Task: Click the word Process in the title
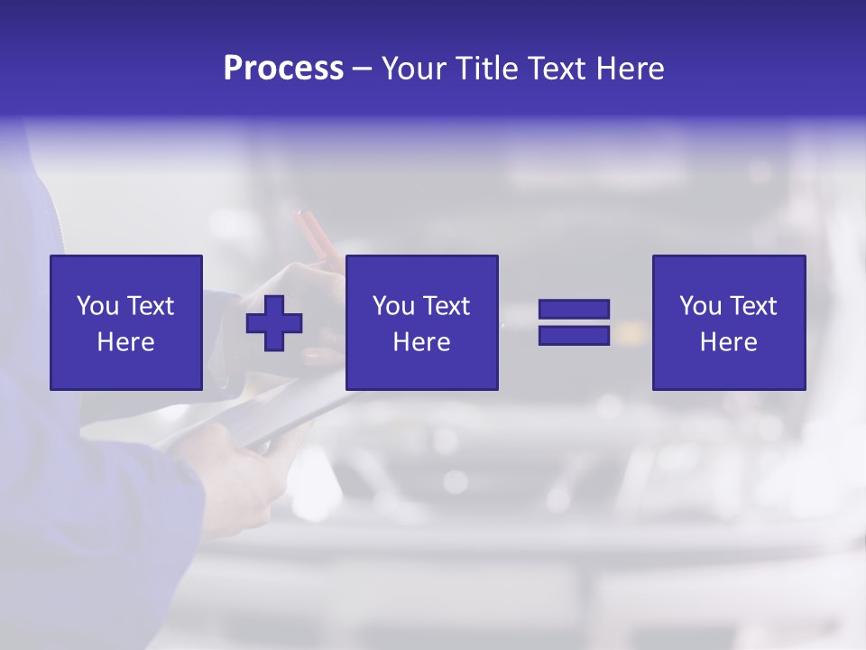pyautogui.click(x=283, y=69)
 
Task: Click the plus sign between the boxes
pyautogui.click(x=274, y=322)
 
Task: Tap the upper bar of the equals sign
pyautogui.click(x=574, y=310)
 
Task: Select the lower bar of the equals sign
pyautogui.click(x=574, y=335)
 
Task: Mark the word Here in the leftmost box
pyautogui.click(x=125, y=342)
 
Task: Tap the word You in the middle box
pyautogui.click(x=392, y=306)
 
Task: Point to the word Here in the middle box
pyautogui.click(x=421, y=342)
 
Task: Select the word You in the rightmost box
pyautogui.click(x=699, y=306)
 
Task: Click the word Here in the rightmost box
pyautogui.click(x=728, y=342)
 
